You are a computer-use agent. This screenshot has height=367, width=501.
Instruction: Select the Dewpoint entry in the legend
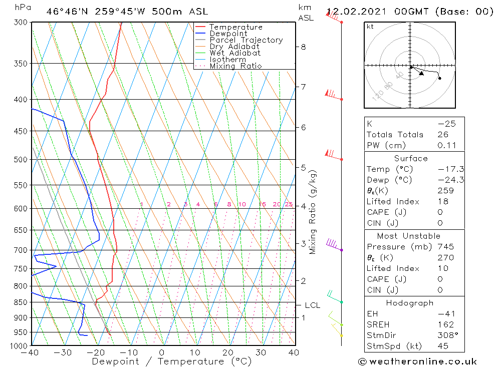click(x=228, y=34)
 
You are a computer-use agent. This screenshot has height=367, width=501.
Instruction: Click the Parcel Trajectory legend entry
click(x=245, y=40)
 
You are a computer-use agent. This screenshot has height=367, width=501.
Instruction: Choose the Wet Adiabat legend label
click(x=234, y=53)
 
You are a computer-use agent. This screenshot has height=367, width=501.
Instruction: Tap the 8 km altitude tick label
click(x=303, y=47)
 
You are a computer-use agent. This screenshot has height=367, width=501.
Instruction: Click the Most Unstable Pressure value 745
click(x=445, y=247)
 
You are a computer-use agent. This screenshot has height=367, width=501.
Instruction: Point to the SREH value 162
click(x=445, y=325)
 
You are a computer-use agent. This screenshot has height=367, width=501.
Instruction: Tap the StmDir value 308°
click(x=445, y=335)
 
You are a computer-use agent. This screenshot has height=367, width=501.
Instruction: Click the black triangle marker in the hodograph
click(x=421, y=74)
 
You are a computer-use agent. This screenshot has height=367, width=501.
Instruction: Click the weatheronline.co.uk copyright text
click(x=417, y=361)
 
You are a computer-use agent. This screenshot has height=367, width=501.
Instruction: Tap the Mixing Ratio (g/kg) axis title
click(x=313, y=212)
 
